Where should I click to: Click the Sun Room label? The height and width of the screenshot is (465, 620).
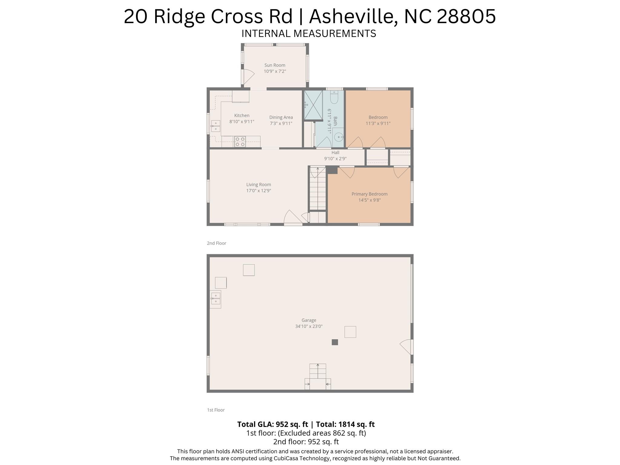[x=274, y=65]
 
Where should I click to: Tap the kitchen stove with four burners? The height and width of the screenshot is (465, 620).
[x=240, y=142]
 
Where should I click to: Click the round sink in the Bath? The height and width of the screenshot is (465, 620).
[x=338, y=137]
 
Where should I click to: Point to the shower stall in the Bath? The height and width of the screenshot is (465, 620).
[x=313, y=105]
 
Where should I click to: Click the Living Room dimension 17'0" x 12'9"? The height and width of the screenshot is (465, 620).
[x=258, y=191]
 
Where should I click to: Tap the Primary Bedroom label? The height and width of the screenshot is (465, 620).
[x=369, y=194]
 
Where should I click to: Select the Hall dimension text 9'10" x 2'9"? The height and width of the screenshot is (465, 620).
[x=335, y=159]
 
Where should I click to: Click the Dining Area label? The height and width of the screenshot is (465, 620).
[x=281, y=117]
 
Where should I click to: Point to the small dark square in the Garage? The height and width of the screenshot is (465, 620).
[x=335, y=342]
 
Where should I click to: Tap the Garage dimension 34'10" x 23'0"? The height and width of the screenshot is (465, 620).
[x=309, y=327]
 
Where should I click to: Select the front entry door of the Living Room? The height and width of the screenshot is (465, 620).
[x=293, y=218]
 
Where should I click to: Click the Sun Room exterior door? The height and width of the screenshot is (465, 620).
[x=247, y=77]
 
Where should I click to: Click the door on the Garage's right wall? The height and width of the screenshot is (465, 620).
[x=407, y=347]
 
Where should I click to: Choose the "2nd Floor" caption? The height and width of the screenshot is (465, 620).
[x=216, y=243]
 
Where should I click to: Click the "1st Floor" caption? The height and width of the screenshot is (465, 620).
[x=216, y=410]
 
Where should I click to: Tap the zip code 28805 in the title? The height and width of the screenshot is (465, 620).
[x=466, y=16]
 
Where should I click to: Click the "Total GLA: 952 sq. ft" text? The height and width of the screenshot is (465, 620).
[x=272, y=424]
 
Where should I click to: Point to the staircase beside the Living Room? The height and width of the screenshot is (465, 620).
[x=317, y=189]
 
